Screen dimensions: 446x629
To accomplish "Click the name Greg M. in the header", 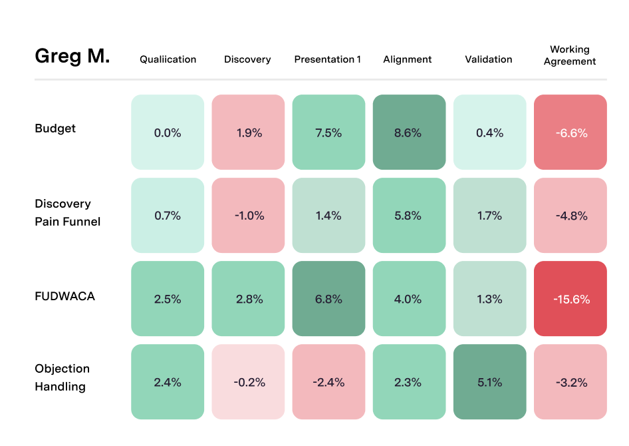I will click(72, 57).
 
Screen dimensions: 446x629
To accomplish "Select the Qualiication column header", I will click(168, 59).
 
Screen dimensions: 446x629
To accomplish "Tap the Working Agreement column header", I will click(570, 55).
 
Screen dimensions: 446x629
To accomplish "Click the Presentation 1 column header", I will click(328, 59).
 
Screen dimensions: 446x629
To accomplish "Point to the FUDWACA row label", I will click(64, 296).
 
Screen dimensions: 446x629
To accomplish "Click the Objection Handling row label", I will click(62, 377).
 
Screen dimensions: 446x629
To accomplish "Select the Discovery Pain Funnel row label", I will click(67, 212).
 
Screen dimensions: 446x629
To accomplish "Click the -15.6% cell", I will click(570, 299).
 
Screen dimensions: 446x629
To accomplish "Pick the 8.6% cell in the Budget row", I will click(408, 132).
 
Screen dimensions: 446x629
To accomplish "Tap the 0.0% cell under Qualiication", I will click(168, 132).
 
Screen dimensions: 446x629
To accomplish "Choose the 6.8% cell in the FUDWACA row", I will click(328, 299).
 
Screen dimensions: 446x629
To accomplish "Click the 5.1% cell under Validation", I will click(489, 382).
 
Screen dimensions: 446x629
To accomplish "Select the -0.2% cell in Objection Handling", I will click(249, 382).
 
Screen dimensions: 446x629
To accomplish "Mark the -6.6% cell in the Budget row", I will click(570, 132).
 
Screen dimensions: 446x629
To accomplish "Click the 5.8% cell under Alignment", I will click(408, 216).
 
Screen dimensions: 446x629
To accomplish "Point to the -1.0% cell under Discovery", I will click(249, 216).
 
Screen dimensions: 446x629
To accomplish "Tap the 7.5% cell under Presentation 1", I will click(328, 132).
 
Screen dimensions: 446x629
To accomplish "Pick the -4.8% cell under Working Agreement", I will click(570, 216).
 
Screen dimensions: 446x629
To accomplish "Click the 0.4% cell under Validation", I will click(489, 132).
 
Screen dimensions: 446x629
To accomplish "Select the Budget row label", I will click(55, 128).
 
